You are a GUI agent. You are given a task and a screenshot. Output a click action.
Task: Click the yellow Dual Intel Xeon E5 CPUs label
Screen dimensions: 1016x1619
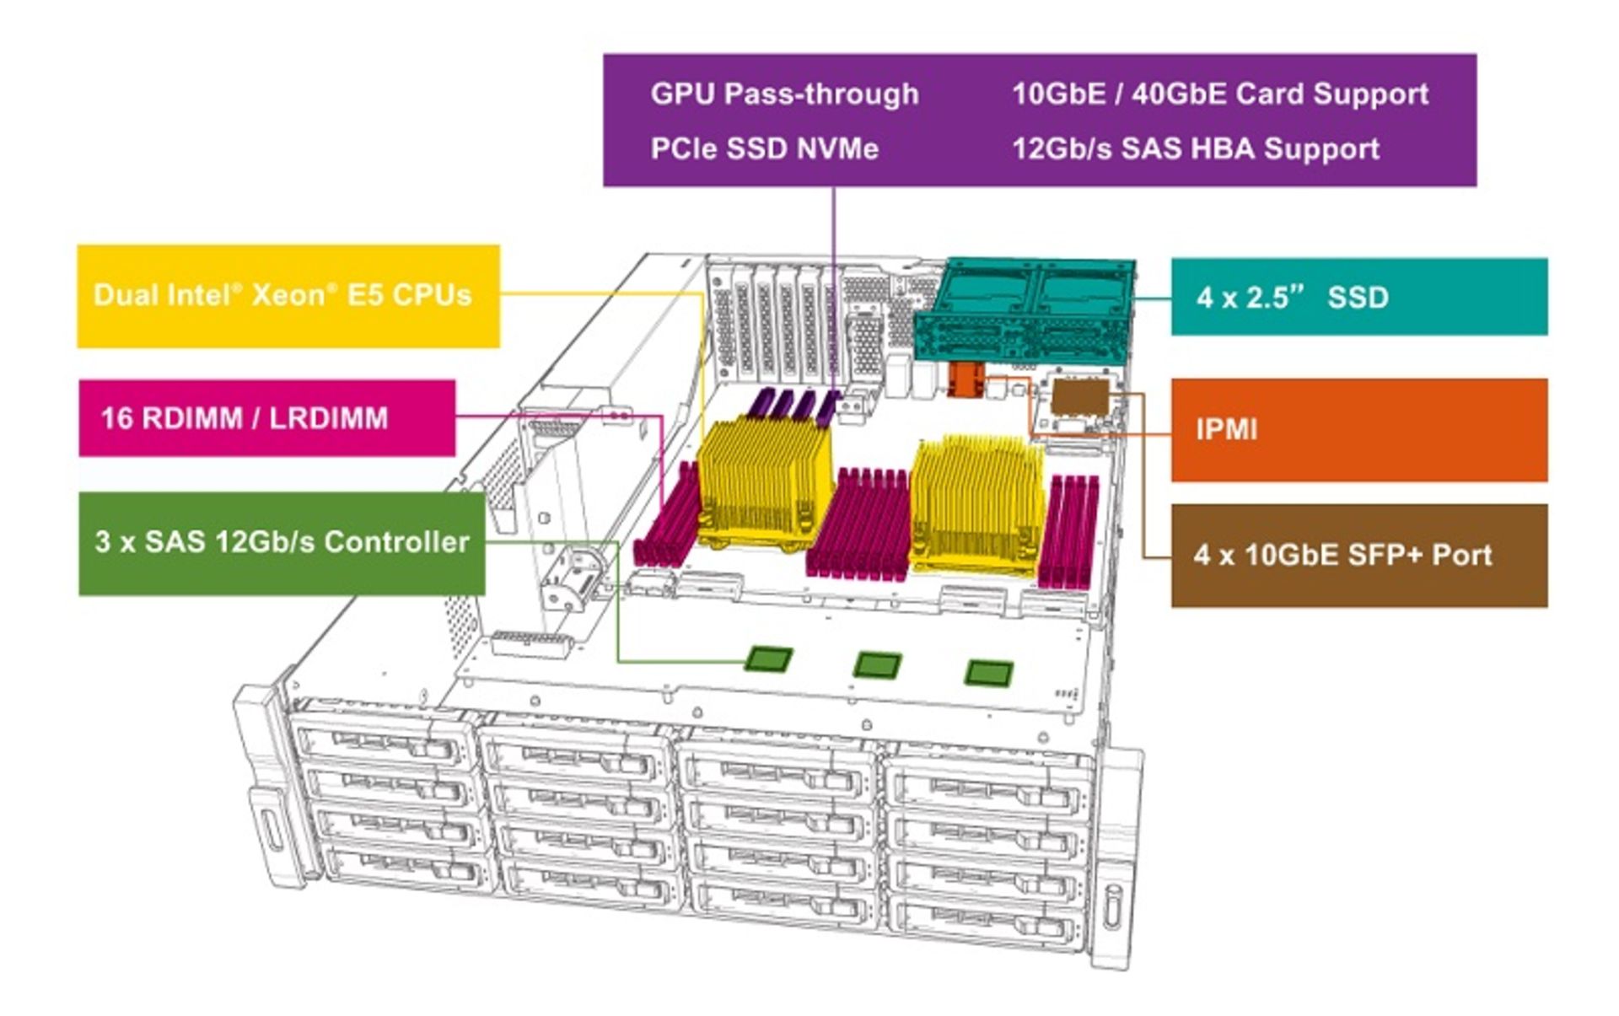(288, 295)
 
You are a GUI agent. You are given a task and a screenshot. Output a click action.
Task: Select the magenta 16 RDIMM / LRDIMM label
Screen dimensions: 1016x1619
(266, 418)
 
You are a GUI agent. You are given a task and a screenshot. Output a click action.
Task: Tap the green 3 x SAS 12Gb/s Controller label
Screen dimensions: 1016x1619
(282, 542)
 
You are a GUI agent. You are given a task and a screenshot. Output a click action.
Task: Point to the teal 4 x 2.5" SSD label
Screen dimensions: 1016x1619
(1358, 297)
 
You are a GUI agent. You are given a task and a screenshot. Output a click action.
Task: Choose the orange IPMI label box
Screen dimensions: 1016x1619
(1358, 430)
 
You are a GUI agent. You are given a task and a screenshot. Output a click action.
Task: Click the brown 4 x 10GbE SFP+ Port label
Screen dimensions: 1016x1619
(1358, 555)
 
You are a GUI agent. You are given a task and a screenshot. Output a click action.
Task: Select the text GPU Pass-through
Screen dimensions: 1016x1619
(784, 94)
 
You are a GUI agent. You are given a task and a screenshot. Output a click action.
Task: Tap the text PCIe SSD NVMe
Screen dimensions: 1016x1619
(764, 149)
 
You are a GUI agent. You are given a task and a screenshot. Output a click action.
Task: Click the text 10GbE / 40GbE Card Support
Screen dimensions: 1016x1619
(1219, 94)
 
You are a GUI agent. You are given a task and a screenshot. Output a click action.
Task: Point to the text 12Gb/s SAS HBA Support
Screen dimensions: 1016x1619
(1195, 149)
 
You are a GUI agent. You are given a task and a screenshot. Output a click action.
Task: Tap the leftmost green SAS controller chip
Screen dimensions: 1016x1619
(769, 659)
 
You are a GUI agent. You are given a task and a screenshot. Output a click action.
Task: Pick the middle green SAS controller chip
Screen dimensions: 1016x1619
(877, 664)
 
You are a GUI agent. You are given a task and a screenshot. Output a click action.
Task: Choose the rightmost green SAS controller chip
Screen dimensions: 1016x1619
(987, 672)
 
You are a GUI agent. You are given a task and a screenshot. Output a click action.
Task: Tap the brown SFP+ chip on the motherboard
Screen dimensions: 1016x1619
(1080, 397)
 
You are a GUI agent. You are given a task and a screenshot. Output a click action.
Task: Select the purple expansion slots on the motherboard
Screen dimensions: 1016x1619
(793, 405)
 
